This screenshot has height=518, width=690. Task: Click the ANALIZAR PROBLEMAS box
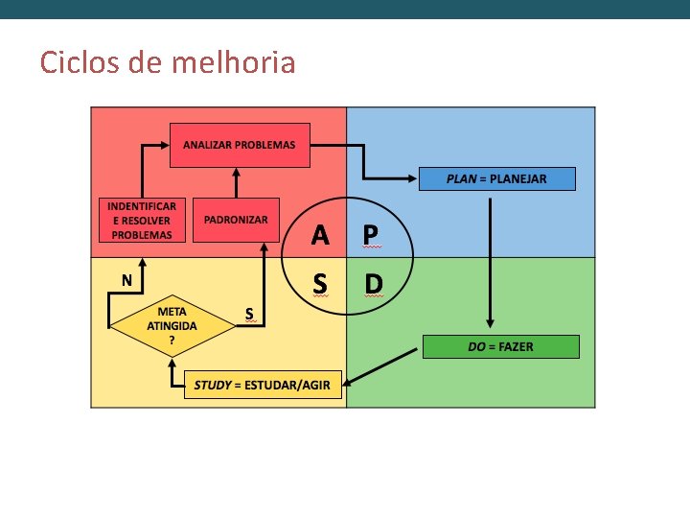tap(240, 145)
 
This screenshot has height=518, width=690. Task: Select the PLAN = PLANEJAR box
tap(497, 178)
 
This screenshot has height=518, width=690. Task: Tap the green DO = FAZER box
tap(501, 346)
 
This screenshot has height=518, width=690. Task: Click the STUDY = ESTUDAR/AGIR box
tap(262, 386)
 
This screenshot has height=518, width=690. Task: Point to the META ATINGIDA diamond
tap(172, 324)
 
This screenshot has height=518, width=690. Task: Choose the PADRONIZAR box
tap(236, 220)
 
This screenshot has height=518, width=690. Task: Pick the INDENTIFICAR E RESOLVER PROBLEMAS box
tap(141, 220)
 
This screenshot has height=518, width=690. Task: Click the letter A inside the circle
tap(321, 234)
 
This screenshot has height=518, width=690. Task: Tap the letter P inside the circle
tap(370, 234)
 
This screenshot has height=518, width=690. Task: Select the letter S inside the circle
tap(320, 283)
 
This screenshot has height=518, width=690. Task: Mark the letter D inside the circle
tap(373, 283)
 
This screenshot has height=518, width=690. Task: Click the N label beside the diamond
tap(126, 279)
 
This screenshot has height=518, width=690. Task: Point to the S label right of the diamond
tap(249, 313)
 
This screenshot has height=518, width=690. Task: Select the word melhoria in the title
tap(233, 63)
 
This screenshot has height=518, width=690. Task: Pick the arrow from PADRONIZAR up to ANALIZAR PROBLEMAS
tap(236, 182)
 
